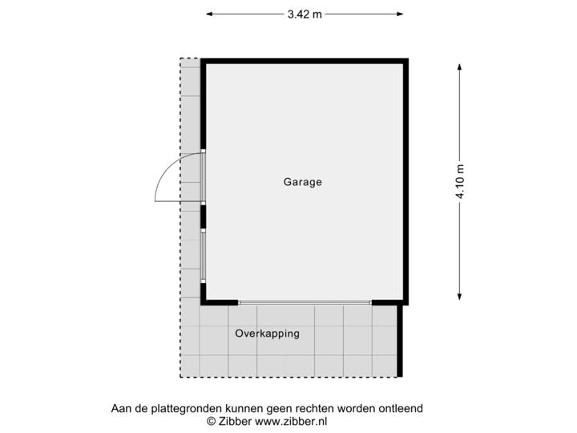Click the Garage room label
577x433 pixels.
pyautogui.click(x=302, y=182)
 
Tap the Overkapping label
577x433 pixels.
pyautogui.click(x=268, y=334)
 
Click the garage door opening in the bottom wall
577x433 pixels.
pyautogui.click(x=305, y=302)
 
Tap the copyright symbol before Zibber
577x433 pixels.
pyautogui.click(x=211, y=421)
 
